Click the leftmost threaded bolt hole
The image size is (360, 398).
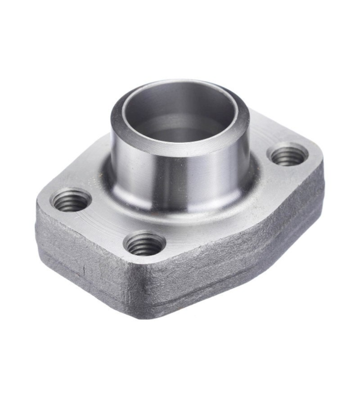tap(71, 201)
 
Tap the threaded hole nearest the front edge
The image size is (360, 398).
tap(145, 243)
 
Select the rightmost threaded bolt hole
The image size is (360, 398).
tap(289, 154)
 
